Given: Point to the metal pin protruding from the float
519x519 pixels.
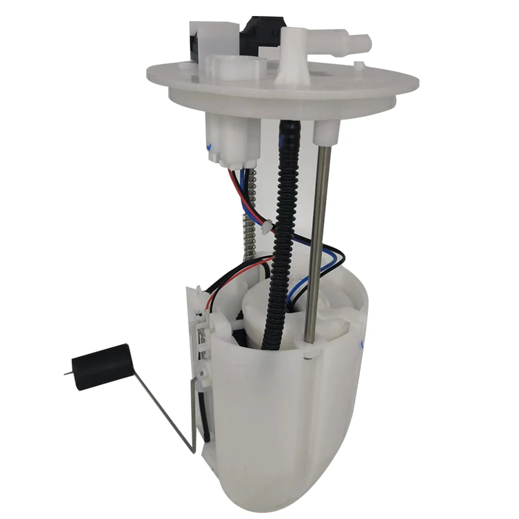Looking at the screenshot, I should pos(65,375).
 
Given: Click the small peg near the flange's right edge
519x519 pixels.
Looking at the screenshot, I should pos(360,65).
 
